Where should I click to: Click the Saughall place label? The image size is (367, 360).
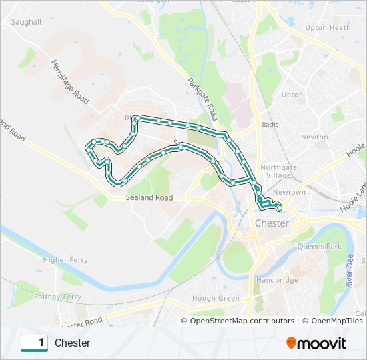(x=27, y=22)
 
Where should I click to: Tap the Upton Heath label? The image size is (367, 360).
(x=327, y=28)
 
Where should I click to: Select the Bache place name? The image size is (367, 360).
(x=270, y=125)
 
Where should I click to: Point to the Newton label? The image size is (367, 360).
(x=314, y=137)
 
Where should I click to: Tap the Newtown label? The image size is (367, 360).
(x=289, y=193)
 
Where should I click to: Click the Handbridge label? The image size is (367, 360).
(x=277, y=281)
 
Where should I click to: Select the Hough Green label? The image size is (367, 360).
(x=215, y=298)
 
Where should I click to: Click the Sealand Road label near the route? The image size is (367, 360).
(x=149, y=198)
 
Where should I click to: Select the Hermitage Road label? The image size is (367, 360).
(x=69, y=82)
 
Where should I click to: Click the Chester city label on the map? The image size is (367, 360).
(x=272, y=223)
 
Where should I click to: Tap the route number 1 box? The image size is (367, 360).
(x=34, y=343)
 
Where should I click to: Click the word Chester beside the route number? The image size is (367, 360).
(x=72, y=343)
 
